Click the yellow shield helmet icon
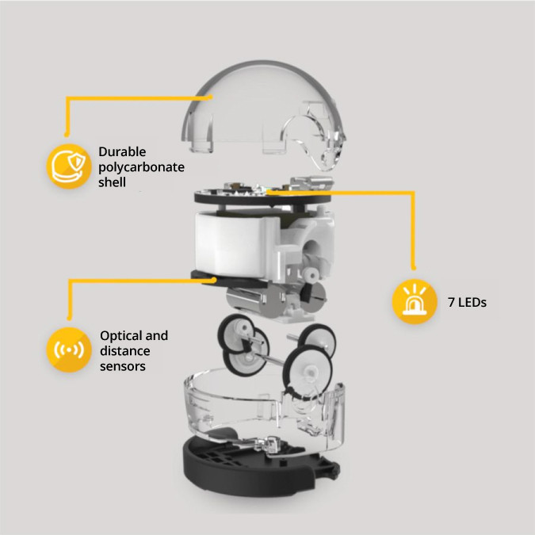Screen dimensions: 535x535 [69, 166]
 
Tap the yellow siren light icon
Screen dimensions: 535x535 [415, 301]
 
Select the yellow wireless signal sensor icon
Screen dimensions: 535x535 [69, 350]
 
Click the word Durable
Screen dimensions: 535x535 [122, 151]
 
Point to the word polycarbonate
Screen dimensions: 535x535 [141, 167]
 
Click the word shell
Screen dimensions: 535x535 [112, 182]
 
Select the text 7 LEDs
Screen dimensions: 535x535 [467, 302]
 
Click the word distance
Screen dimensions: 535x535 [125, 351]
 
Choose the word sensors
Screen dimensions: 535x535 [123, 366]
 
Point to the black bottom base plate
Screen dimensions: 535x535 [253, 468]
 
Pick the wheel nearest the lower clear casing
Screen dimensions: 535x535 [309, 371]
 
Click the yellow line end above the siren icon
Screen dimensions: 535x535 [414, 268]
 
